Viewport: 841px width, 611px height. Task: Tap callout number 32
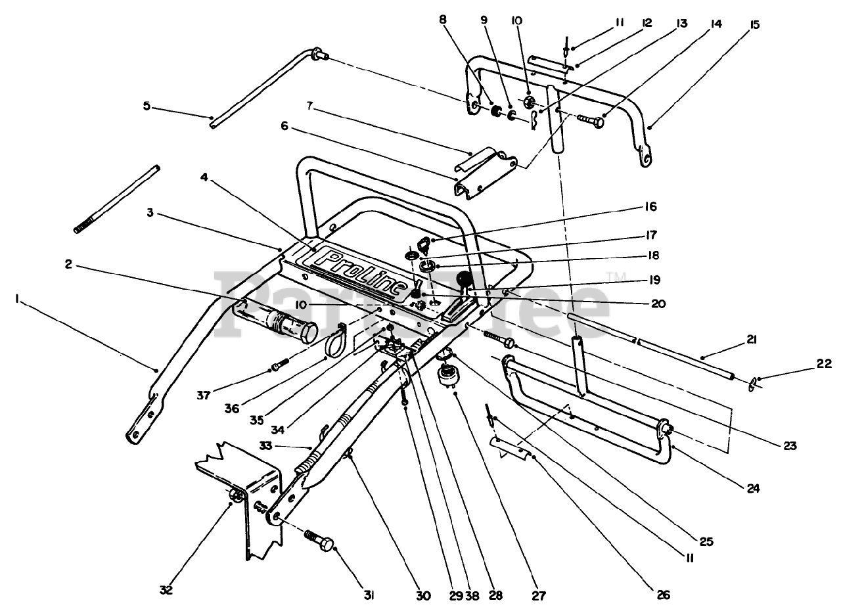tap(166, 590)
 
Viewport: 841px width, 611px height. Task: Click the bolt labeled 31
tap(320, 543)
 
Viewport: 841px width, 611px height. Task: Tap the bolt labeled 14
tap(589, 121)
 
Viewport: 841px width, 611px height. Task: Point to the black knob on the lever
tap(465, 281)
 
